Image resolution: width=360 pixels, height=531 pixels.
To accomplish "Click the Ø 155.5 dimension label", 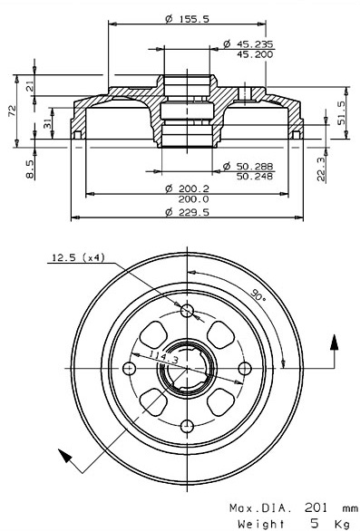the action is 187,19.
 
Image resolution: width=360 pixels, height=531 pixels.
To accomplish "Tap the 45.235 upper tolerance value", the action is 254,44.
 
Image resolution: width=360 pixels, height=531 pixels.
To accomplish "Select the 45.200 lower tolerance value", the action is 254,54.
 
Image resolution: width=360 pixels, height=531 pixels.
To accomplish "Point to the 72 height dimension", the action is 12,111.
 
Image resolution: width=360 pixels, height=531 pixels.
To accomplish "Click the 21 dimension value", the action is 30,87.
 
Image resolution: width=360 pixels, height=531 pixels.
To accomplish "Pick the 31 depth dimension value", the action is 48,123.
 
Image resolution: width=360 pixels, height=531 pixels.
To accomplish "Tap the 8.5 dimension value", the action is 30,169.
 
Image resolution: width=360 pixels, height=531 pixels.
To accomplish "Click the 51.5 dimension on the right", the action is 341,112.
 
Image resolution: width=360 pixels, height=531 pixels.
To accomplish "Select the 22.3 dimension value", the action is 321,169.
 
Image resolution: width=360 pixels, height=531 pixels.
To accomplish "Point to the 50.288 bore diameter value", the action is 255,166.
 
